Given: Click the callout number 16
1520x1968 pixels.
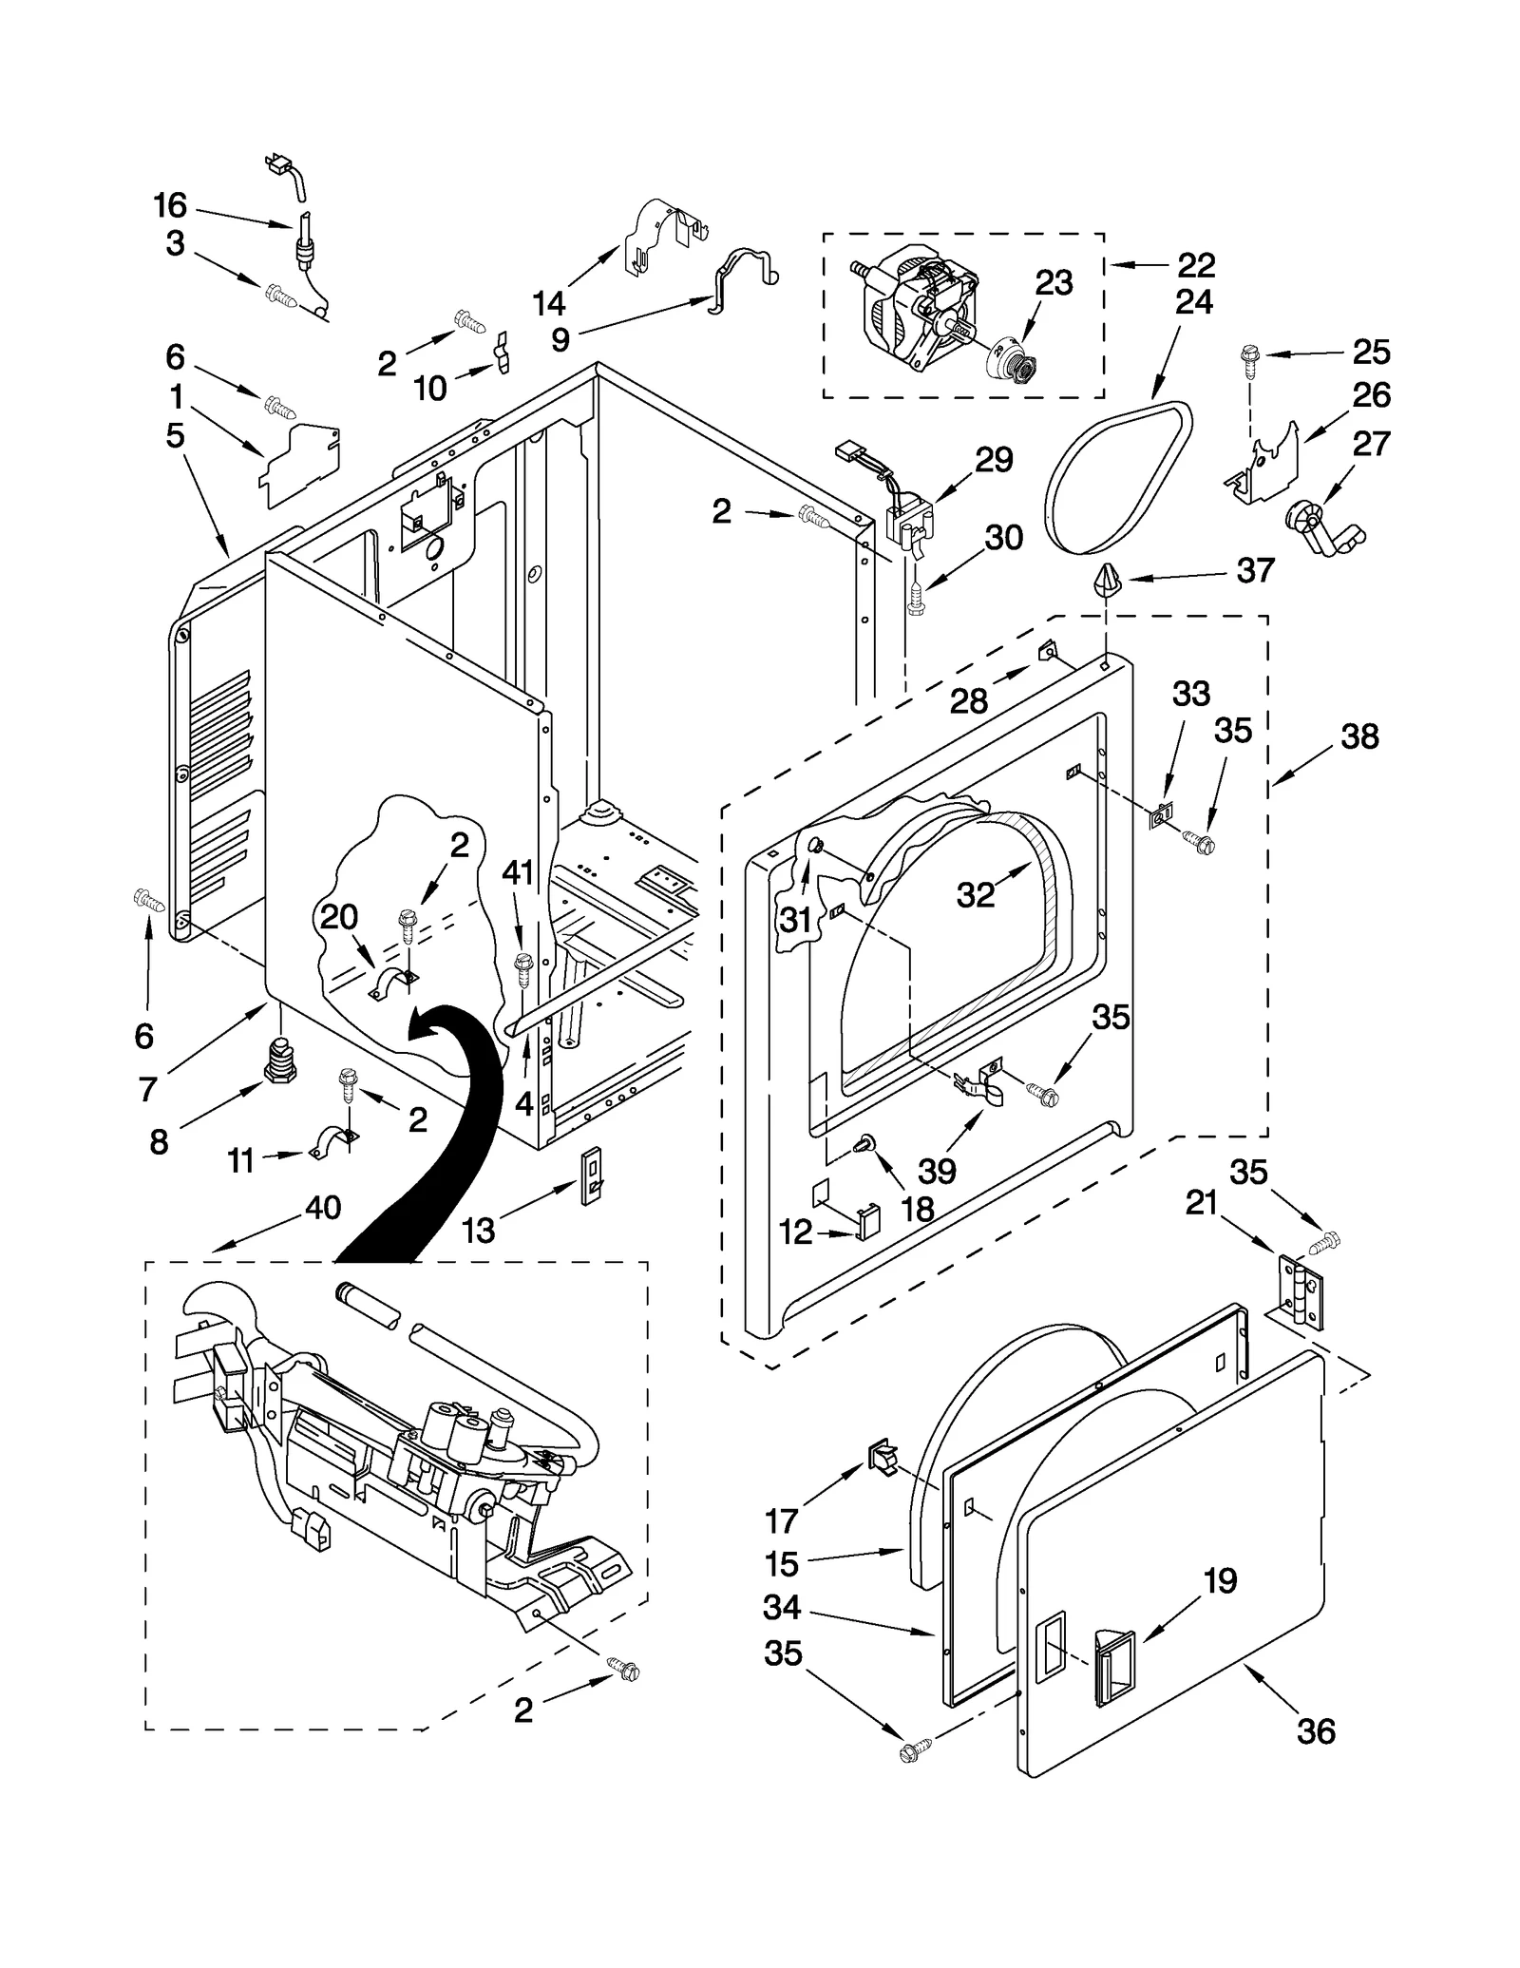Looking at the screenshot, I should click(x=171, y=205).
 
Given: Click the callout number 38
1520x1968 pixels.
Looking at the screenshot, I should click(x=1359, y=736).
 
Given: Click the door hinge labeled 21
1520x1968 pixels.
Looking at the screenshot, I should click(x=1298, y=1290).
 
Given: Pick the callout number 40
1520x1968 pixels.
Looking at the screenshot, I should click(x=323, y=1208).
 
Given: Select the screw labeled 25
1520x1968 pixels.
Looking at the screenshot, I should click(x=1248, y=357).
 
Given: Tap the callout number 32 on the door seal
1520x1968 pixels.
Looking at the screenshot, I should click(x=976, y=894).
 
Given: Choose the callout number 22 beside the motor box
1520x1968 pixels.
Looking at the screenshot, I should click(x=1195, y=264).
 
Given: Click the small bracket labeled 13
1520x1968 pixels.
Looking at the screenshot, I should click(x=591, y=1175).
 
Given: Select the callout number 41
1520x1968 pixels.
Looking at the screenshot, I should click(x=518, y=871).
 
